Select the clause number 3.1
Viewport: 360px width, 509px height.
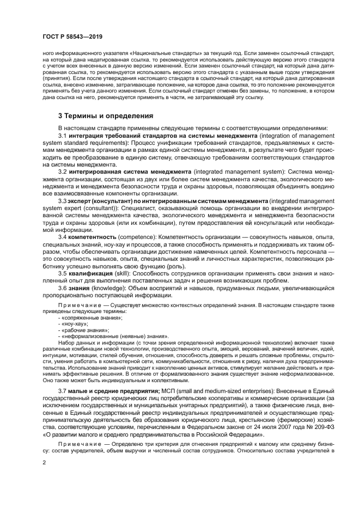tap(63, 136)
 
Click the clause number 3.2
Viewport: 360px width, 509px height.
tap(63, 171)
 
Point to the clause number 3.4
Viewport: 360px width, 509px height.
tap(63, 237)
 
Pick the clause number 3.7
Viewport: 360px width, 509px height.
tap(63, 390)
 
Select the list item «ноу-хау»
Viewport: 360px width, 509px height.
tap(75, 323)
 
